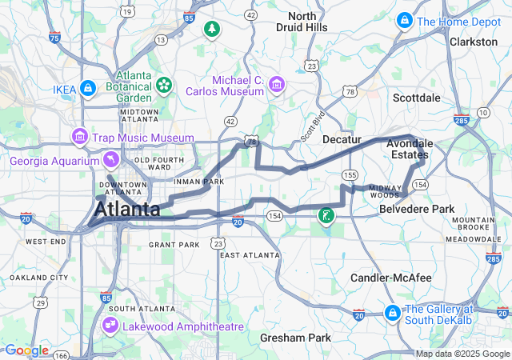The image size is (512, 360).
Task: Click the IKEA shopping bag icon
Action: pos(89,87)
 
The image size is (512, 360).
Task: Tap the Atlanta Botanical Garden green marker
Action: pos(164,83)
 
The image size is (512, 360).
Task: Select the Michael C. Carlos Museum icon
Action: pos(277,83)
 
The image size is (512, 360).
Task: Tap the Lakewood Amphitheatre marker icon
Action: pos(110,326)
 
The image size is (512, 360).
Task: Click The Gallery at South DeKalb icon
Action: pos(392,311)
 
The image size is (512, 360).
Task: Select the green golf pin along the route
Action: pos(326,215)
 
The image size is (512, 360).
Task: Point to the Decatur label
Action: pos(342,139)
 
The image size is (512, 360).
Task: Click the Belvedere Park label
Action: pos(415,208)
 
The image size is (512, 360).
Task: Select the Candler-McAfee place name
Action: pos(390,278)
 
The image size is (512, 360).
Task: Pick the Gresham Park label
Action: pos(295,338)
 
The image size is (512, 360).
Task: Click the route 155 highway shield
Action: pos(349,174)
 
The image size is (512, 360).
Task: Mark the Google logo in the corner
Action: pos(26,350)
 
